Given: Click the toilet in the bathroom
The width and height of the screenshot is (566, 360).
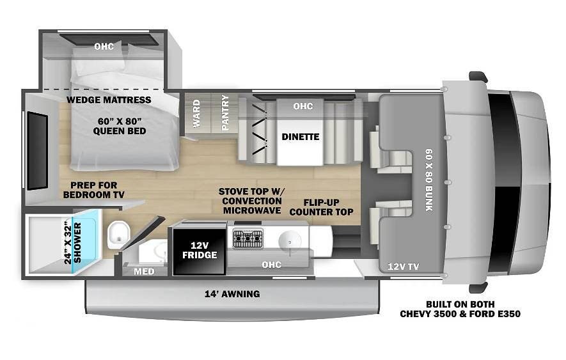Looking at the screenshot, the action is coord(118,235).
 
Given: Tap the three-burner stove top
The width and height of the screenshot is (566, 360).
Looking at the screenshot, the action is coord(248,239).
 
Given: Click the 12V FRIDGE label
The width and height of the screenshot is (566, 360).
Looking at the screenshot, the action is coord(200,250).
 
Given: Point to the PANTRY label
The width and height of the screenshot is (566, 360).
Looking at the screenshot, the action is coord(225,113).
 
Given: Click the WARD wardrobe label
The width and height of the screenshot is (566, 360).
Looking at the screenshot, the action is coord(196,114).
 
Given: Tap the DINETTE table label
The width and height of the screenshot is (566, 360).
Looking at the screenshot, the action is coord(301,137).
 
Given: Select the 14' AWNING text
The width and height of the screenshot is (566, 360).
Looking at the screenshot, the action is coord(232,294).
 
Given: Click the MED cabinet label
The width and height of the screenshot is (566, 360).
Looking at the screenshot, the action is coord(144,271).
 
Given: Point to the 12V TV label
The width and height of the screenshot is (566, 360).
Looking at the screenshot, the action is coord(403,267).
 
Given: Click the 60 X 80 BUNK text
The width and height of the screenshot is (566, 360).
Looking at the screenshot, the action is coord(429,180).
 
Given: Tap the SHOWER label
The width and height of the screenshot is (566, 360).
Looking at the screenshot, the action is coord(77,242).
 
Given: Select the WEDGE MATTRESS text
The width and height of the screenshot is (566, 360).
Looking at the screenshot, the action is coord(109,100).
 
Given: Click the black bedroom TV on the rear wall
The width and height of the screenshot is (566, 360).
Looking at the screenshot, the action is coord(38,150).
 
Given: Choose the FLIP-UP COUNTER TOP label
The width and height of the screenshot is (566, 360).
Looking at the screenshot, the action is coord(321,207).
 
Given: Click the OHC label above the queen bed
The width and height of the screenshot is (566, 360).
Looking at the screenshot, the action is coord(104,46).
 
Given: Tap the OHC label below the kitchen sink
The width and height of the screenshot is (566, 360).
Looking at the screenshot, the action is coord(271,265).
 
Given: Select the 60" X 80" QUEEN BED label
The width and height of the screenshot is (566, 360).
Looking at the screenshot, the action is coord(120,126).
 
